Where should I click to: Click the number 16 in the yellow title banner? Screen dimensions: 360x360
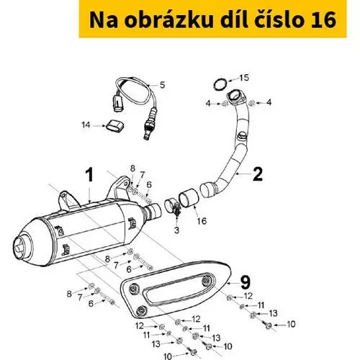[323, 19]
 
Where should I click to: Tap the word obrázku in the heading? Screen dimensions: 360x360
[168, 19]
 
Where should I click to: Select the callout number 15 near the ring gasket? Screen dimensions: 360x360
[244, 78]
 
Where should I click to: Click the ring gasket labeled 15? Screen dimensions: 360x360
[220, 84]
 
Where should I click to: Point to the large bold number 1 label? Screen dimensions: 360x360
[89, 175]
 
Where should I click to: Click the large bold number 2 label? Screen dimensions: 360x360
[258, 174]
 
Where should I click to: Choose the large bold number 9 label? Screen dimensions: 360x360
[245, 282]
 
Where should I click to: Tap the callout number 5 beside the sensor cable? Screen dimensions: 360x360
[163, 85]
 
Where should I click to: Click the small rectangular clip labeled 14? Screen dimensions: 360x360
[115, 126]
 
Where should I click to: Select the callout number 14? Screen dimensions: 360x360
[86, 125]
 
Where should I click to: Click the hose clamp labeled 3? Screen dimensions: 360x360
[172, 207]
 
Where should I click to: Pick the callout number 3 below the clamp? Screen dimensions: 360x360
[176, 230]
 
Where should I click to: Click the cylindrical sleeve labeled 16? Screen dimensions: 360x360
[188, 197]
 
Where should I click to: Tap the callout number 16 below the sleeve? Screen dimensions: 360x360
[202, 221]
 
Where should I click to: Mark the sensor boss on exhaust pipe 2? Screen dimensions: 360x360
[240, 135]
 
